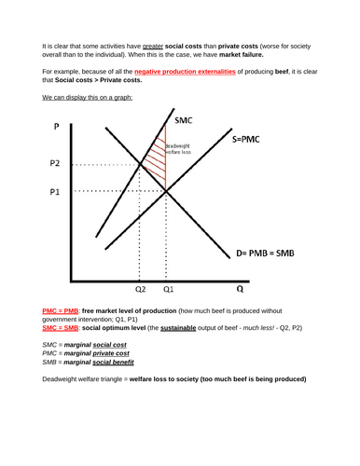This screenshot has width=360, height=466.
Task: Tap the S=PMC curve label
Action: [x=253, y=141]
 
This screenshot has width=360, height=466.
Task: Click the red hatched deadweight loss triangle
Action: [x=159, y=163]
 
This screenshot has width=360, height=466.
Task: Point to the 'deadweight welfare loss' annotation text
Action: [x=181, y=150]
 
